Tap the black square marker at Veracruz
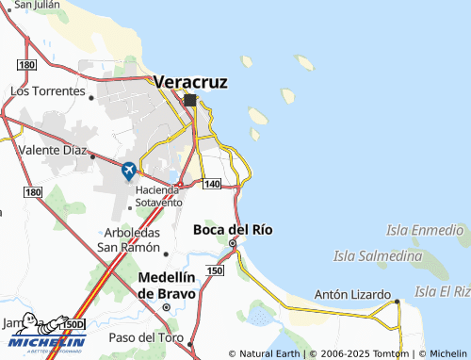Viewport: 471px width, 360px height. [190, 100]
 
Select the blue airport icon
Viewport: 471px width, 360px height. [129, 171]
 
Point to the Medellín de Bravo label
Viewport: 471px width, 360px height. [167, 285]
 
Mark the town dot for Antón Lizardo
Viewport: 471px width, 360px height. [398, 302]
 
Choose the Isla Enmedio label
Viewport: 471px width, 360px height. [426, 229]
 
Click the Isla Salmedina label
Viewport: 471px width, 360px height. [377, 255]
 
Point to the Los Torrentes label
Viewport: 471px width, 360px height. [45, 91]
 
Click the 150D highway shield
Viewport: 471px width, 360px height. [73, 324]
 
